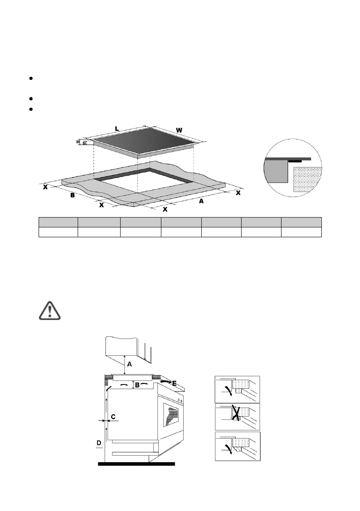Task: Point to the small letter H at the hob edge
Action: (x=78, y=142)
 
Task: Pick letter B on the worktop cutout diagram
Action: (x=73, y=196)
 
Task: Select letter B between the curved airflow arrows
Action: (x=137, y=385)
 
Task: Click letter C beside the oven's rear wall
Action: (x=113, y=416)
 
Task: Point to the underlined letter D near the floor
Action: (x=99, y=442)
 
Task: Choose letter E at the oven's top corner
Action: (x=174, y=383)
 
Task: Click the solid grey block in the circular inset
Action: (x=277, y=172)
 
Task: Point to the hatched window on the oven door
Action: (x=172, y=415)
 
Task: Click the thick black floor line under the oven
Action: (x=136, y=463)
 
